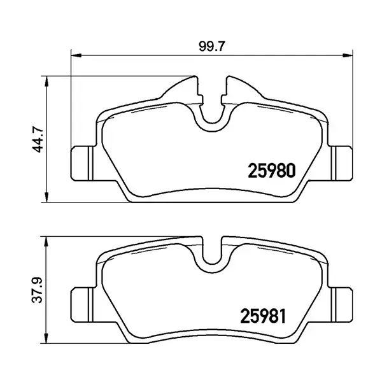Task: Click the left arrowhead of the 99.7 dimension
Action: click(x=73, y=55)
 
